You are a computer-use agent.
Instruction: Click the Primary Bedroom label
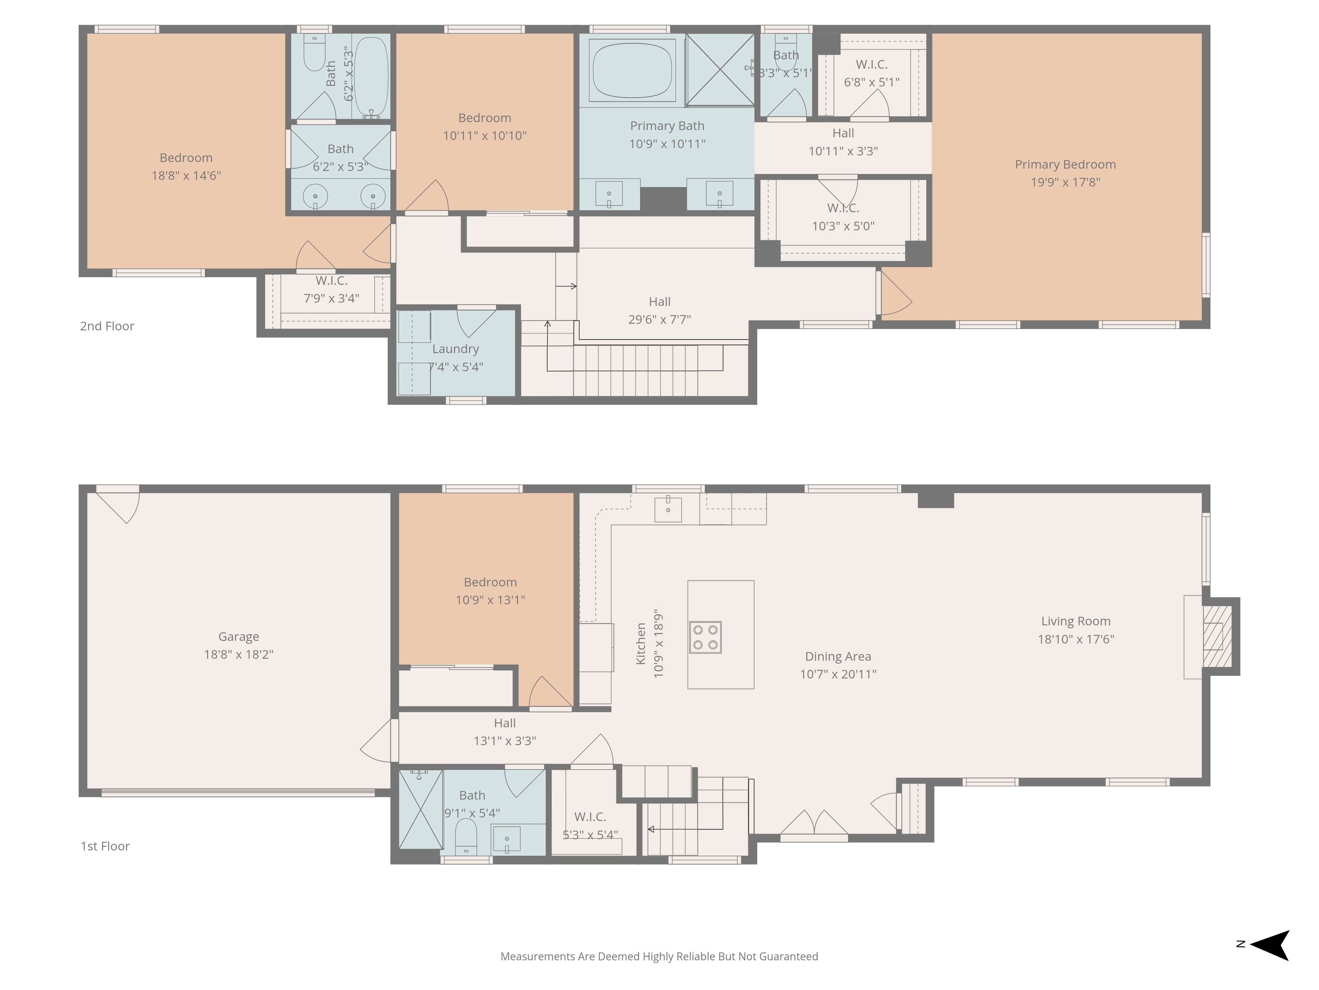click(1065, 165)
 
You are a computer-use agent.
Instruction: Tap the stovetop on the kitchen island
click(705, 637)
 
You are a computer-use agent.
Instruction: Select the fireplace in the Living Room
click(1216, 636)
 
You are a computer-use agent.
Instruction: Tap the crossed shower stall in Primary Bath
click(720, 70)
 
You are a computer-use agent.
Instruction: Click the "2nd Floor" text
click(107, 326)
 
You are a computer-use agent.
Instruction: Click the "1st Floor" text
click(105, 846)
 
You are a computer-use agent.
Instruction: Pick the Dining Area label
click(838, 656)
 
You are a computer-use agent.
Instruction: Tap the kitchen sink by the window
click(668, 509)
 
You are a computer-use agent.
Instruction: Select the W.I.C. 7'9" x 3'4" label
click(331, 289)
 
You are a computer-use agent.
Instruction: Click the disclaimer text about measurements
click(659, 957)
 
